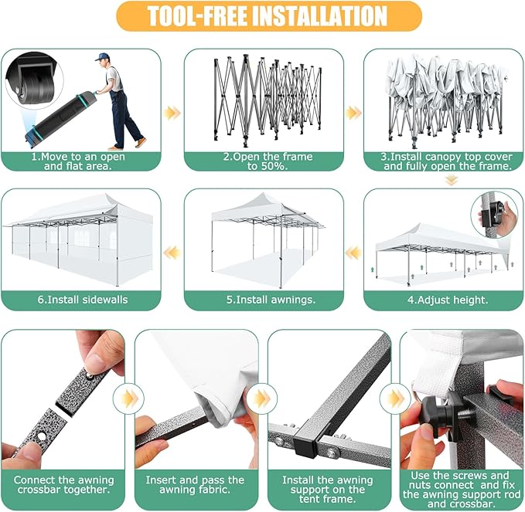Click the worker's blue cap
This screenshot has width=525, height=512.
pyautogui.click(x=102, y=56)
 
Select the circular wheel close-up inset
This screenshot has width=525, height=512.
pyautogui.click(x=34, y=81)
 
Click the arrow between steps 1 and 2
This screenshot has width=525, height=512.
pyautogui.click(x=172, y=113)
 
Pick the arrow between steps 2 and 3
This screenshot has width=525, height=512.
pyautogui.click(x=353, y=113)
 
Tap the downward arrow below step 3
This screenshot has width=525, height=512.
pyautogui.click(x=452, y=181)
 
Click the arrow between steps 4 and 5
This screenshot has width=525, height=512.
pyautogui.click(x=353, y=253)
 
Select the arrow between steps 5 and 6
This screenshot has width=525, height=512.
pyautogui.click(x=172, y=253)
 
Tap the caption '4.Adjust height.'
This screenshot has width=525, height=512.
pyautogui.click(x=448, y=300)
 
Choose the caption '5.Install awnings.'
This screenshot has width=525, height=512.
pyautogui.click(x=271, y=300)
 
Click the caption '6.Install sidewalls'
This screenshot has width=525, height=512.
pyautogui.click(x=83, y=300)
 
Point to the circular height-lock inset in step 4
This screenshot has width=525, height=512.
pyautogui.click(x=494, y=215)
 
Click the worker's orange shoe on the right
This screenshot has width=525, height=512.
pyautogui.click(x=141, y=141)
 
